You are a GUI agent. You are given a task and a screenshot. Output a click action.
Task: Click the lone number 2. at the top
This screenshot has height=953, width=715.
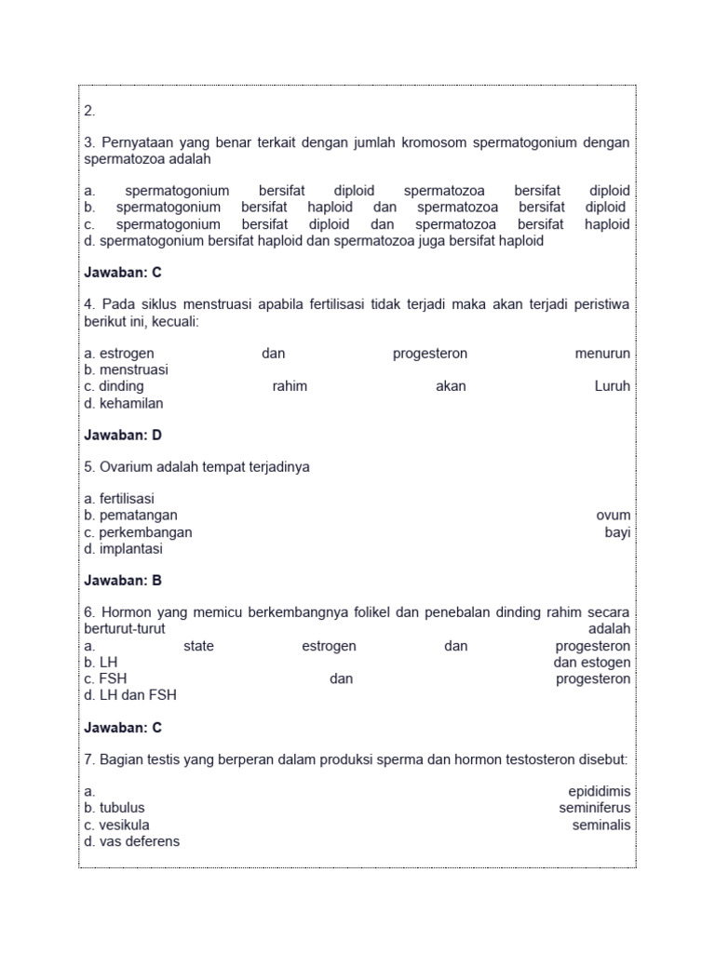tap(90, 111)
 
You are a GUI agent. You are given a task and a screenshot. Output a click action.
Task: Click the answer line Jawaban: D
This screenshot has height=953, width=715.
tap(123, 435)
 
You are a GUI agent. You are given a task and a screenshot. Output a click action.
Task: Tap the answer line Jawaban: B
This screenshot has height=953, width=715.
tap(123, 581)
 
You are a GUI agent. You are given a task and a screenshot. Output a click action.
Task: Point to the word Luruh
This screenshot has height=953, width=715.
tap(612, 386)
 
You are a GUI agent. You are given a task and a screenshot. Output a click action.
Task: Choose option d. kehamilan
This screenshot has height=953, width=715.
tap(124, 403)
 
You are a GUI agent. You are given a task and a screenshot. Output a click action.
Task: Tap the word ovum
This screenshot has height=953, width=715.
tap(614, 516)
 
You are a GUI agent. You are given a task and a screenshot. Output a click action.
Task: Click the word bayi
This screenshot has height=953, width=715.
tap(617, 532)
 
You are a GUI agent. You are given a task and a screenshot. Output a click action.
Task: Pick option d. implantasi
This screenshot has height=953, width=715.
tap(123, 549)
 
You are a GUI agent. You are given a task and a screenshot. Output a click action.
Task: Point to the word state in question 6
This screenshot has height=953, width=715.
tap(198, 646)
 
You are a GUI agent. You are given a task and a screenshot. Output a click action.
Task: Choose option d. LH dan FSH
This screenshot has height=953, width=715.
tap(130, 695)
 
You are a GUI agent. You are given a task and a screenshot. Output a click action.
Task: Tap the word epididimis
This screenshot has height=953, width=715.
tap(600, 792)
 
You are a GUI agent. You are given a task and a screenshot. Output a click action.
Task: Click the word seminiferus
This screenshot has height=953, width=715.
tap(595, 808)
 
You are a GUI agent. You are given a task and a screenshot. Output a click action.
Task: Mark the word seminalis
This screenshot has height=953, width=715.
tap(601, 825)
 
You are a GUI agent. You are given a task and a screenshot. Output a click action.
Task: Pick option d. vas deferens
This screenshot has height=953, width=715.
tap(131, 841)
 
